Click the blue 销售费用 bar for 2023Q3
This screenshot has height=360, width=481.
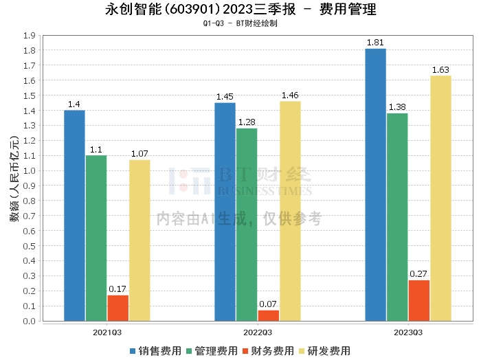[x=375, y=185]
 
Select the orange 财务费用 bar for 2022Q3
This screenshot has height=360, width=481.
[x=269, y=315]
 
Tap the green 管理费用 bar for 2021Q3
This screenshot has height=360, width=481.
[x=96, y=238]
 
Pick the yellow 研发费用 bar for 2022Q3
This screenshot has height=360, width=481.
[x=290, y=212]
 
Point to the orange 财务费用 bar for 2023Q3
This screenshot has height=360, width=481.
[x=419, y=300]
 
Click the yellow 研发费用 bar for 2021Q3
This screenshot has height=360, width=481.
[x=139, y=240]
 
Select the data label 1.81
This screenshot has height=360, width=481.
[x=375, y=43]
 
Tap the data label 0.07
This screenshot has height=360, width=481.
[x=268, y=304]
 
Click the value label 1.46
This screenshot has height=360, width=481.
[x=290, y=95]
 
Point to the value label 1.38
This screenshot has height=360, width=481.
[x=397, y=107]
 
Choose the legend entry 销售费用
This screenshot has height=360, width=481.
[x=156, y=351]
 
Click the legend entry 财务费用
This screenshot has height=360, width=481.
[x=269, y=351]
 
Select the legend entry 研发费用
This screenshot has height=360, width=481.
[x=325, y=351]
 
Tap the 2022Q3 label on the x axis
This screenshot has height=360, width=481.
[x=258, y=333]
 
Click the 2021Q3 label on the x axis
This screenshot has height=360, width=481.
[x=107, y=333]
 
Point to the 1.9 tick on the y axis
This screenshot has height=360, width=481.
[x=30, y=36]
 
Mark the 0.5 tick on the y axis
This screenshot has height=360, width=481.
[x=30, y=246]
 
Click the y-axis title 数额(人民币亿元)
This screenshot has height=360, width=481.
[x=14, y=179]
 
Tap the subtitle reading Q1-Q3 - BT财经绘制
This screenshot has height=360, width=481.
[x=240, y=23]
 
